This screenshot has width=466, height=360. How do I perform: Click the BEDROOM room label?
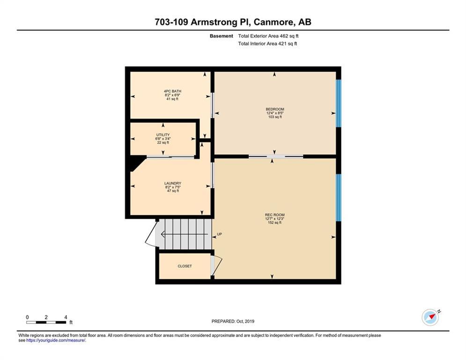275,109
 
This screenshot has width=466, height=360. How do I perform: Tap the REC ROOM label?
274,215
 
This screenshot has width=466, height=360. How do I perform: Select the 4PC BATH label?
172,91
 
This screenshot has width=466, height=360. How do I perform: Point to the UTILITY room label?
163,135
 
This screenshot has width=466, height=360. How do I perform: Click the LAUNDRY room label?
173,183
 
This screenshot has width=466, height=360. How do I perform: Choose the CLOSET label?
185,266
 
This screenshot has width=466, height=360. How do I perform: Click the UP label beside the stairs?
219,234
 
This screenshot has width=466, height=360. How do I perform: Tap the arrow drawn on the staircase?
184,234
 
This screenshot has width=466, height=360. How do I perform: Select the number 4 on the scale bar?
66,317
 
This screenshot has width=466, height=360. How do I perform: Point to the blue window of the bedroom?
339,103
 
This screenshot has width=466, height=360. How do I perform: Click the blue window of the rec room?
339,197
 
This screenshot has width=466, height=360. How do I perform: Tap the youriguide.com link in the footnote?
56,340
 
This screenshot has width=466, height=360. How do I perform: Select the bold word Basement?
222,36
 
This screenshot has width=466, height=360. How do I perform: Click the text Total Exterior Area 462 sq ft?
268,36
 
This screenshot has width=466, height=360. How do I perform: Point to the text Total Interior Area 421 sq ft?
267,44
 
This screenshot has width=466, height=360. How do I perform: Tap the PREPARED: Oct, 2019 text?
233,321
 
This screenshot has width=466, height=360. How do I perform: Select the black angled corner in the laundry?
137,163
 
